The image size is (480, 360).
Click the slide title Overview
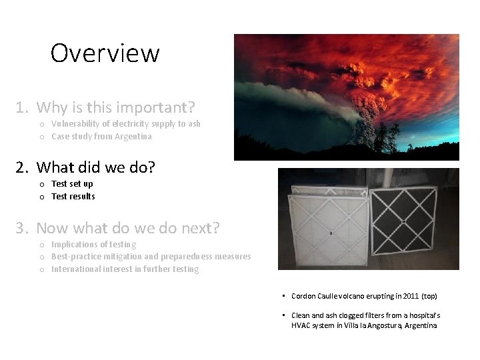click(105, 53)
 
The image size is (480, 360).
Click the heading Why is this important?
click(115, 107)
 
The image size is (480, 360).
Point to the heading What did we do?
click(95, 167)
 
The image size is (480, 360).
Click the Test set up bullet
click(72, 184)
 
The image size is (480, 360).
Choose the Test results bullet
click(73, 197)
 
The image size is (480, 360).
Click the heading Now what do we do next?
click(127, 228)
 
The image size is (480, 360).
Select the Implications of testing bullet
click(93, 245)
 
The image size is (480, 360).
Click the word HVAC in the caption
click(302, 325)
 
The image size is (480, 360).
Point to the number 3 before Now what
click(21, 228)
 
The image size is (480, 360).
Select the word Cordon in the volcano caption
click(304, 296)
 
